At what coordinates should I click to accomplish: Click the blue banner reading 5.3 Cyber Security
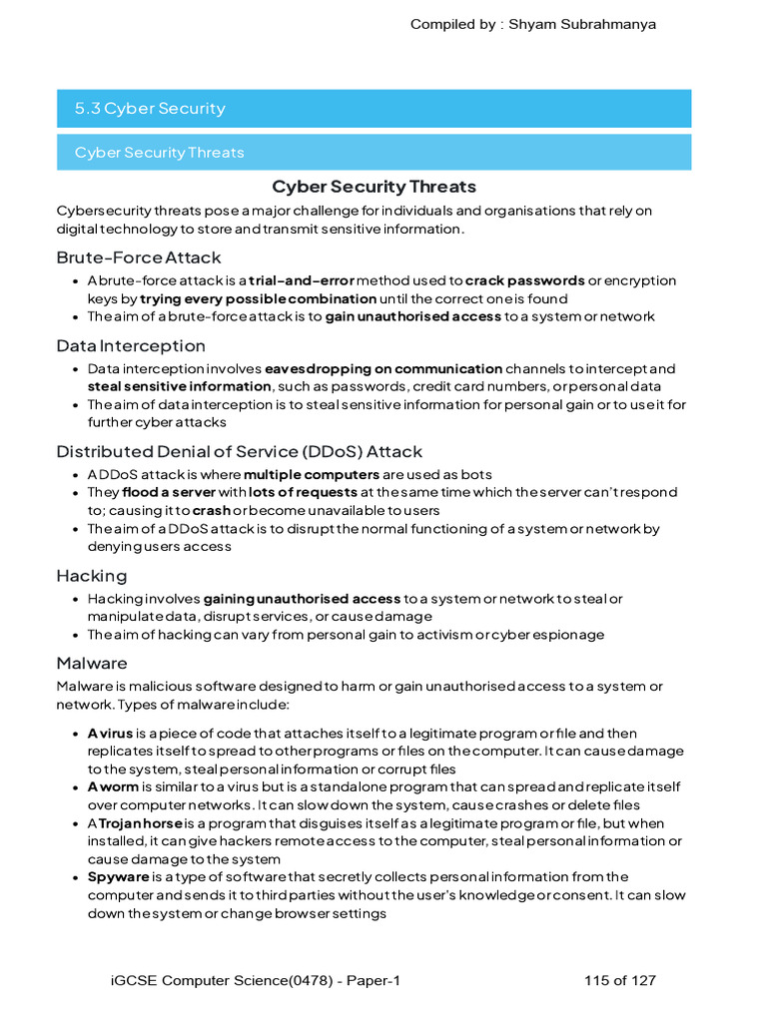click(374, 109)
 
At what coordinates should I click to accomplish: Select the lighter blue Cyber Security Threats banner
click(374, 153)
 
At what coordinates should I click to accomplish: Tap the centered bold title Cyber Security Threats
click(374, 187)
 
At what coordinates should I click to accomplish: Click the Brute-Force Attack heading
click(139, 257)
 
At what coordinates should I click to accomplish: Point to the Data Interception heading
click(131, 346)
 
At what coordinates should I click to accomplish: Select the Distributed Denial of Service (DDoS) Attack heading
click(239, 452)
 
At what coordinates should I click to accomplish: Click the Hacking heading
click(92, 576)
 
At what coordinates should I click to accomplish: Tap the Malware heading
click(92, 663)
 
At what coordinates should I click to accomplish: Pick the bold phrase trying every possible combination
click(258, 299)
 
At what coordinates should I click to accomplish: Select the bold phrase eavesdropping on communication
click(383, 369)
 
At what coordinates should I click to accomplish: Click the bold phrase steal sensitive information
click(179, 387)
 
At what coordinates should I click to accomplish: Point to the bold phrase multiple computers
click(311, 475)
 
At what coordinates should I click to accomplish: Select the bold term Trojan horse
click(140, 824)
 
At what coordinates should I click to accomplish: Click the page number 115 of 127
click(619, 981)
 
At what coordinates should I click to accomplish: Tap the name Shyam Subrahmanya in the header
click(582, 24)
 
